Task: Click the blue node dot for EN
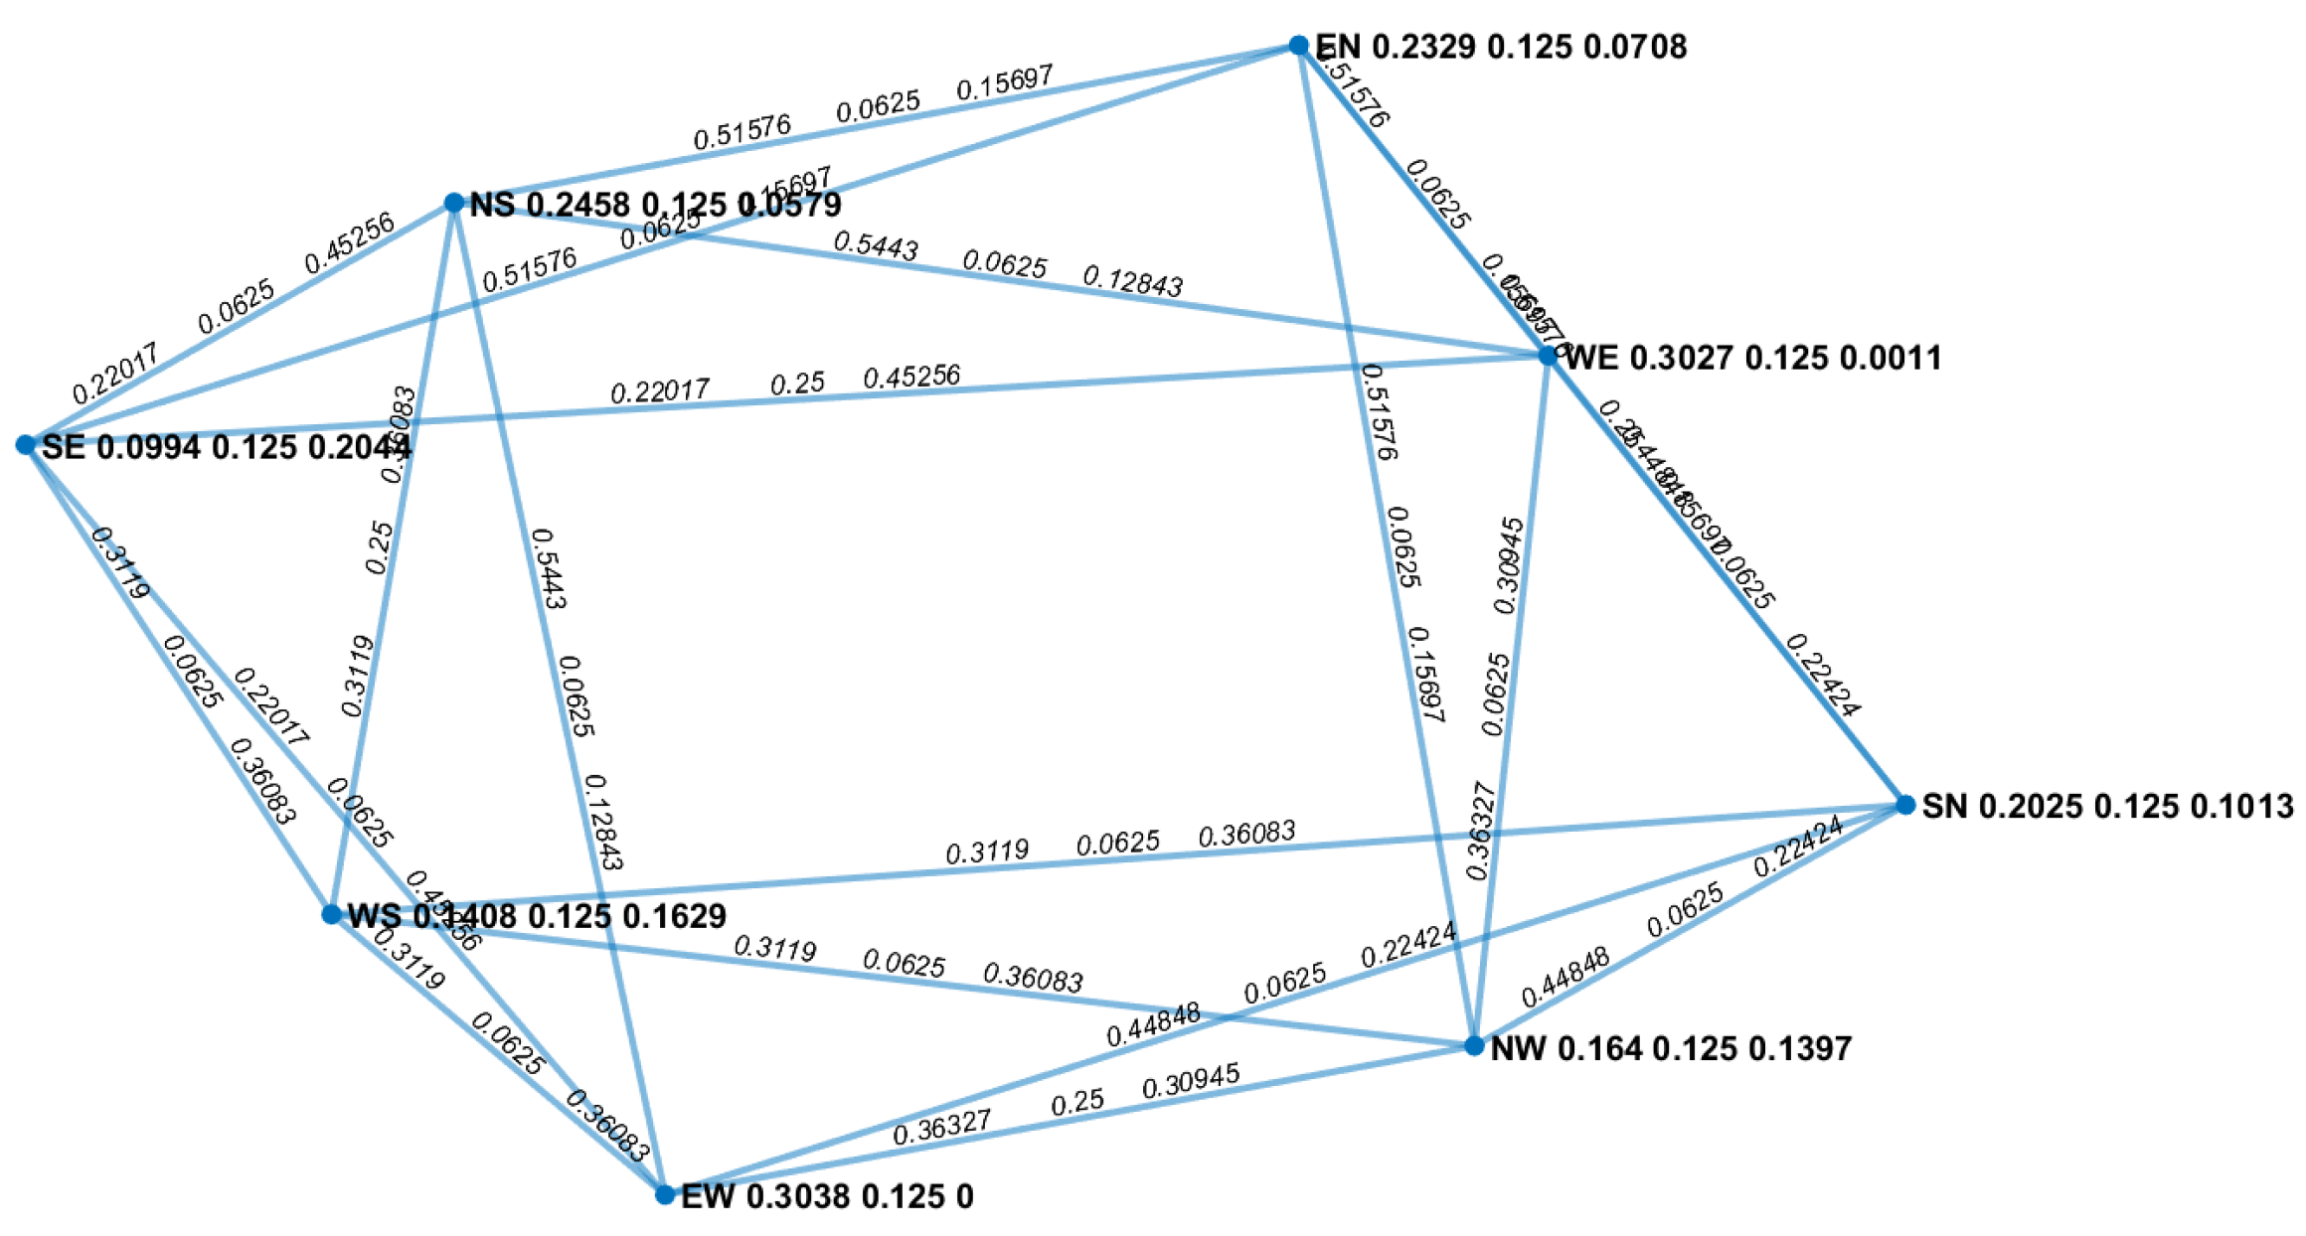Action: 1298,45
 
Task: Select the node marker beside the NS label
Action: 453,203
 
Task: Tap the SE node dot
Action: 26,444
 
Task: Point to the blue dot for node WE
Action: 1548,355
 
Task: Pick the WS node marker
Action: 332,914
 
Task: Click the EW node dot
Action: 665,1194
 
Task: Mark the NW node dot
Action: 1474,1046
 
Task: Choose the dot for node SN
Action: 1904,805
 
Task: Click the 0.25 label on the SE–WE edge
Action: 797,384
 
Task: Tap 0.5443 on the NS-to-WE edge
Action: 875,245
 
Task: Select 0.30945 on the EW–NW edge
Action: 1191,1081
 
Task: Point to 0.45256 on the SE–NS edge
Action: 349,242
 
